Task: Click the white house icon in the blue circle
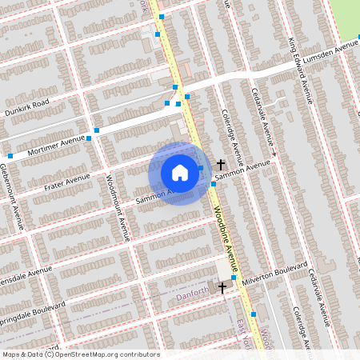point(180,173)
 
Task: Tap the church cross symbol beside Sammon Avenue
point(221,164)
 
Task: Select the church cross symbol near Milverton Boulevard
point(222,286)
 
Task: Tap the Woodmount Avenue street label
point(115,208)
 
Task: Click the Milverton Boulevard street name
point(277,269)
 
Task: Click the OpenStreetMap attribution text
point(80,354)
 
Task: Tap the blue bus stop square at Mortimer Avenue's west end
point(10,156)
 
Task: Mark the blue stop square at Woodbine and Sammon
point(214,185)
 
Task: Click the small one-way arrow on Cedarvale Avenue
point(274,153)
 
